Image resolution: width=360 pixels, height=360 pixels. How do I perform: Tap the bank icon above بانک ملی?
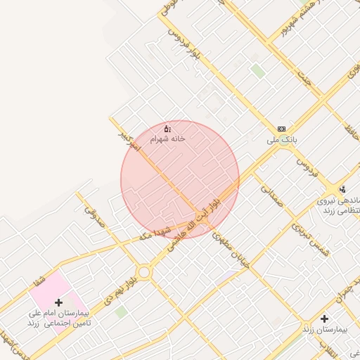[282, 129]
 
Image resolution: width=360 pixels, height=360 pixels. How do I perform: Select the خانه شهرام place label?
[167, 139]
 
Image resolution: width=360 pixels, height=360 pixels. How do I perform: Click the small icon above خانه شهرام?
[167, 129]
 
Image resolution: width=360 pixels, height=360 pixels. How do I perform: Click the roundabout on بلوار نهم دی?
[144, 271]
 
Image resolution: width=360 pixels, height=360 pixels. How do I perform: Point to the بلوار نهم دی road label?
[120, 289]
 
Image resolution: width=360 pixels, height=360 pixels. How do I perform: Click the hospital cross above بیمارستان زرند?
[324, 319]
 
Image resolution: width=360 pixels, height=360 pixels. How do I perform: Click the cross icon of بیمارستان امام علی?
[58, 302]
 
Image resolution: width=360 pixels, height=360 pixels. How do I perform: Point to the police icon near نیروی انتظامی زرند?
[342, 189]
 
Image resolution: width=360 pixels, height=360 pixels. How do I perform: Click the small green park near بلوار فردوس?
[258, 70]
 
